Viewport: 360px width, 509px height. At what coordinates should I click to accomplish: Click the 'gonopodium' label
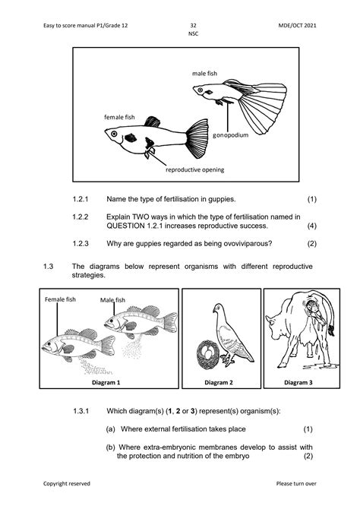(230, 135)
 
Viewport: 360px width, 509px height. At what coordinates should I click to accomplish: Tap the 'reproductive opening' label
(194, 169)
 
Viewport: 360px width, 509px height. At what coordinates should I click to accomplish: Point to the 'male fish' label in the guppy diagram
(204, 74)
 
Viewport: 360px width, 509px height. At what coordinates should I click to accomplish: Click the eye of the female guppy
(114, 134)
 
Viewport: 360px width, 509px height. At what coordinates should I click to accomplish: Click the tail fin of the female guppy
(197, 138)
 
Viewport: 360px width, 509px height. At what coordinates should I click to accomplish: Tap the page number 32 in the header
(193, 25)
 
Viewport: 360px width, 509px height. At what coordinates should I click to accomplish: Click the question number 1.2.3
(81, 243)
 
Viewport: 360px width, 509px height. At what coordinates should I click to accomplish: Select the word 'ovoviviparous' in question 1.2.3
(248, 243)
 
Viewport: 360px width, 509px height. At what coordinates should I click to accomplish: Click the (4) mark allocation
(311, 226)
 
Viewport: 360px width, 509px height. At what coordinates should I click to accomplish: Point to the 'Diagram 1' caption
(106, 382)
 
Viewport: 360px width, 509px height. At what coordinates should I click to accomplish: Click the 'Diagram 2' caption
(219, 382)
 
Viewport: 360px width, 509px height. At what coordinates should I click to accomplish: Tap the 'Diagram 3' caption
(298, 382)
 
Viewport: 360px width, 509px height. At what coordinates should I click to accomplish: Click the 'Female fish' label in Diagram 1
(60, 299)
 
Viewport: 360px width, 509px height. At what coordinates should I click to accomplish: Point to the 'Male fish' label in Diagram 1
(112, 300)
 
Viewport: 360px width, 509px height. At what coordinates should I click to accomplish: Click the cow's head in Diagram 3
(275, 324)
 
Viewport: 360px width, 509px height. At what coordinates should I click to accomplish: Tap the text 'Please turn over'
(296, 484)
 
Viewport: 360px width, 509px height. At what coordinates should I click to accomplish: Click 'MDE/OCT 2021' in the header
(297, 25)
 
